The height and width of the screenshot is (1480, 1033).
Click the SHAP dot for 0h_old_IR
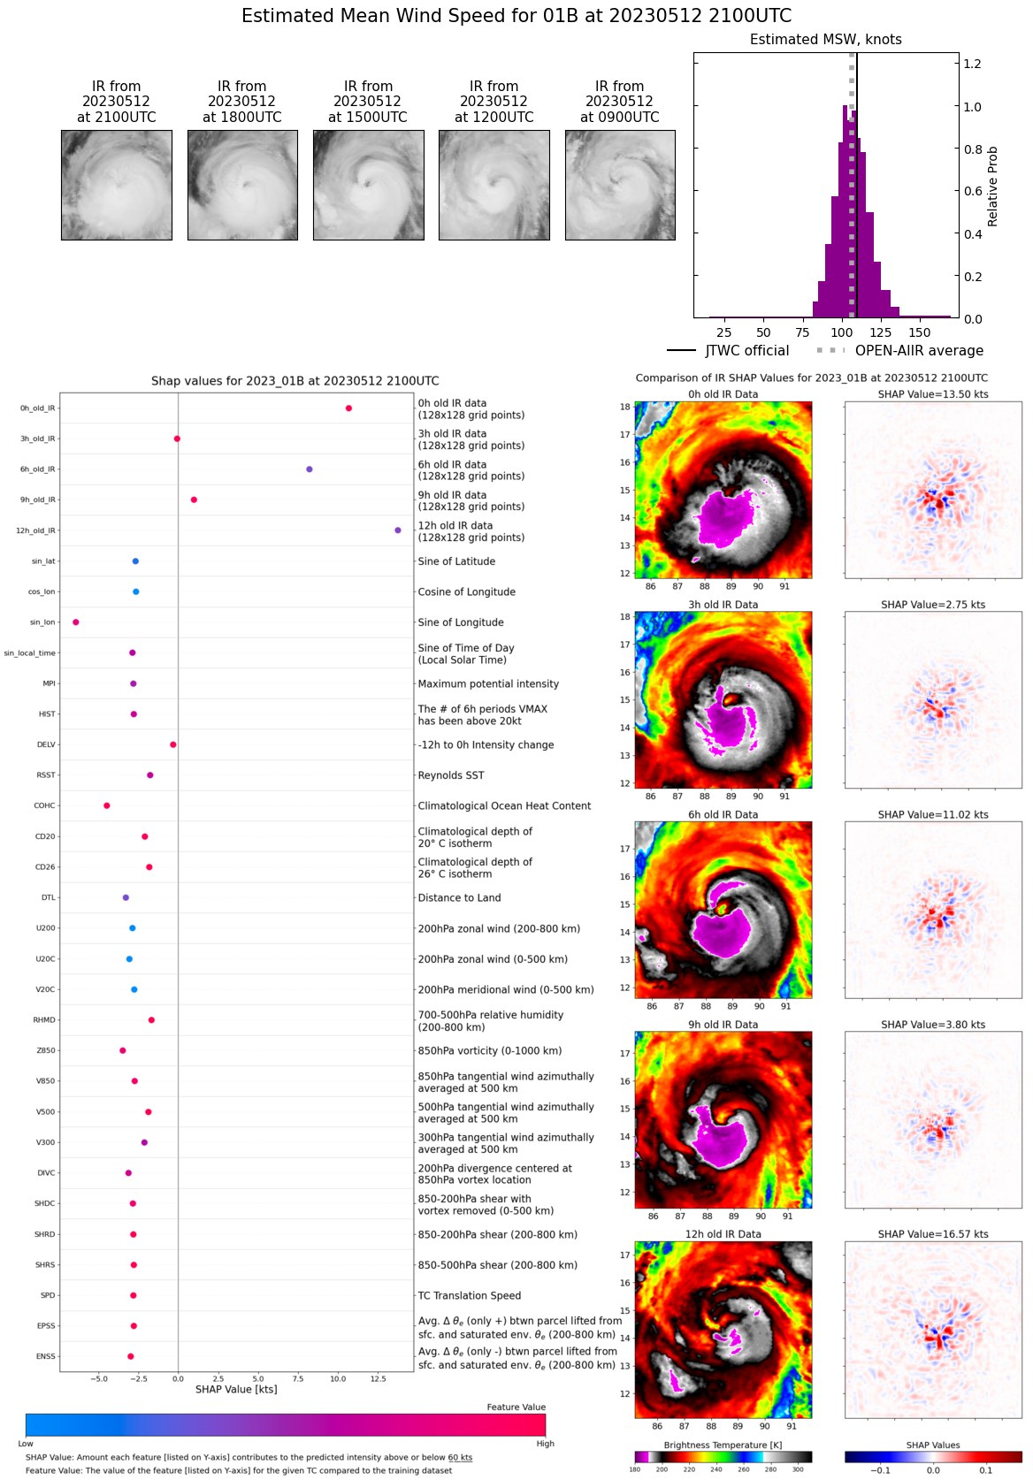click(x=348, y=408)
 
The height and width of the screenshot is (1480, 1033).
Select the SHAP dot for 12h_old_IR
click(x=398, y=530)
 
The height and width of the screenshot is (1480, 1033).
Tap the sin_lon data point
click(x=76, y=622)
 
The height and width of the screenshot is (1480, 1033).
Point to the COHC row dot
click(x=107, y=805)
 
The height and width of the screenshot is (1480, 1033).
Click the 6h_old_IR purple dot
click(x=309, y=469)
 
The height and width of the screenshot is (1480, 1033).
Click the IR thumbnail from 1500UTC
click(x=368, y=185)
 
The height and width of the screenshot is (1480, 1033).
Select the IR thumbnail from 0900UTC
click(x=620, y=185)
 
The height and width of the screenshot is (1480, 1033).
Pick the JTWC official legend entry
click(x=728, y=351)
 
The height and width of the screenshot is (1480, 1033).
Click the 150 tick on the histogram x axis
click(x=920, y=332)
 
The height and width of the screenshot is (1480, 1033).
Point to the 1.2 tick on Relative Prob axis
click(x=972, y=64)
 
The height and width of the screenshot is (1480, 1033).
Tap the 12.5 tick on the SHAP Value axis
click(x=379, y=1378)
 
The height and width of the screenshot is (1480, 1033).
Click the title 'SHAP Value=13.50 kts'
click(x=933, y=394)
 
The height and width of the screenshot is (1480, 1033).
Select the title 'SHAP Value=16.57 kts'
click(x=933, y=1234)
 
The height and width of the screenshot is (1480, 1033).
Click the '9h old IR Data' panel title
click(x=723, y=1025)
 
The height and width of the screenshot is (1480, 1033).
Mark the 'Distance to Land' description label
click(x=459, y=897)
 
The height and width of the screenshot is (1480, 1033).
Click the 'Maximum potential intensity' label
click(x=488, y=683)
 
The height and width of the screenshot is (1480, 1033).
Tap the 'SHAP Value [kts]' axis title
click(x=236, y=1389)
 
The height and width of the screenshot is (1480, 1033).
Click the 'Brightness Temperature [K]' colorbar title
click(x=723, y=1445)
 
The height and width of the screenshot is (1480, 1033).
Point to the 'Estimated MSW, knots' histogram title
click(x=826, y=40)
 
